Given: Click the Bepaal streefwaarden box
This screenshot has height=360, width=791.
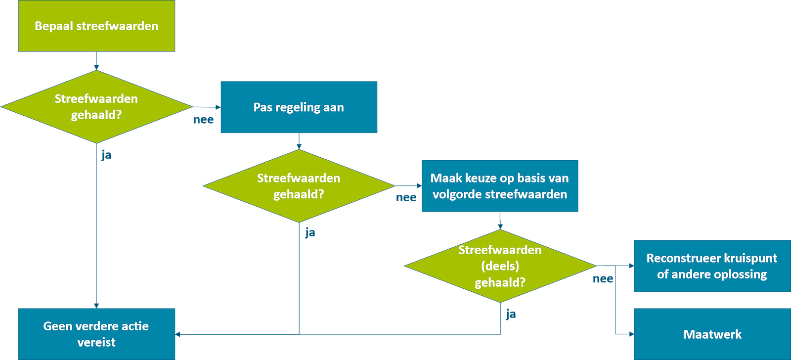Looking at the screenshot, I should [96, 26].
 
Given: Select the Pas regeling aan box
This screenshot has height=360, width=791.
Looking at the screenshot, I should [299, 107].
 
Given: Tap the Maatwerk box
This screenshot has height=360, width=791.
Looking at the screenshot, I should [712, 334].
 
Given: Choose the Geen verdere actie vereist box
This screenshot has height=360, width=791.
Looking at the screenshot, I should [96, 334].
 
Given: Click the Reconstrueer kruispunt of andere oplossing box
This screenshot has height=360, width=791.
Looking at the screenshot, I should [712, 266].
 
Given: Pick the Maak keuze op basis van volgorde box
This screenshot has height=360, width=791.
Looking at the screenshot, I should [499, 186].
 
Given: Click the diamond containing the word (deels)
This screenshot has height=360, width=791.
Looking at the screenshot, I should [500, 266].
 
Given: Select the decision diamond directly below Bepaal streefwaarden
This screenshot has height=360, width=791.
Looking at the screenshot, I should [96, 107].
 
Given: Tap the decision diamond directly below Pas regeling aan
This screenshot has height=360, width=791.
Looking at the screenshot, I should [299, 186].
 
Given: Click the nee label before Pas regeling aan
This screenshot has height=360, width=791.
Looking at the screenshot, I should [203, 120].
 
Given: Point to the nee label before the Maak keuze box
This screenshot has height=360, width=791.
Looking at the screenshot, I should [406, 198].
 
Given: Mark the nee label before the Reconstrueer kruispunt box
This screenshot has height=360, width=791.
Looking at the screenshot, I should [603, 279].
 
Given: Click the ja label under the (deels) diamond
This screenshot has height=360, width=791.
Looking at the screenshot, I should [511, 314].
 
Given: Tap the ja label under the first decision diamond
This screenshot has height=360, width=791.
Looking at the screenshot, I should [106, 155].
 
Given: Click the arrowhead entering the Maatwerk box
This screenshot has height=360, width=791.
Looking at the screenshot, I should [630, 334].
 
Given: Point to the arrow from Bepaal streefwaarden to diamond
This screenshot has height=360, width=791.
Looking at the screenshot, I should [96, 61].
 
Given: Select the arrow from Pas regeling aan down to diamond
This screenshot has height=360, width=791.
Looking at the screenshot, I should [299, 142].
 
